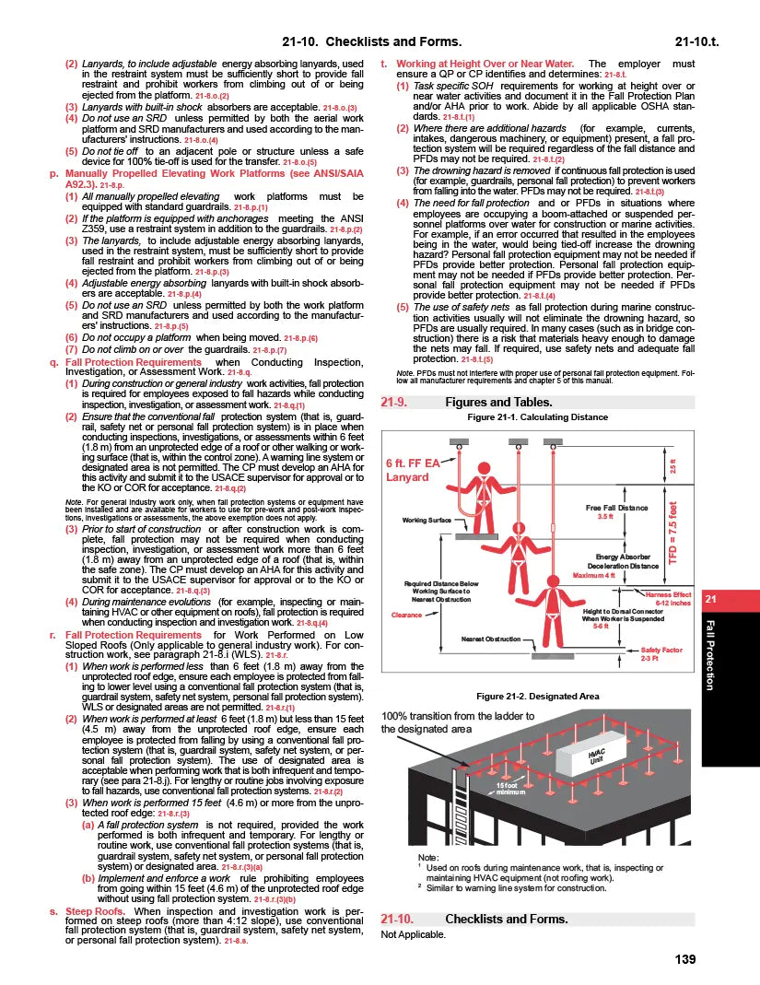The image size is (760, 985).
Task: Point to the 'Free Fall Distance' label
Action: (x=616, y=508)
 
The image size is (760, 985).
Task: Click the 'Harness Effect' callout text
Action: (x=668, y=595)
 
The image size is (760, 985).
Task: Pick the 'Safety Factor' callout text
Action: (x=661, y=650)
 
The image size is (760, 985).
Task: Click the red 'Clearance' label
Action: (x=406, y=615)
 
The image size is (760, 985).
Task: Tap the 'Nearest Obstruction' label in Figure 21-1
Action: (x=491, y=638)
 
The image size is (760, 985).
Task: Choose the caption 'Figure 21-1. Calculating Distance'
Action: (x=538, y=417)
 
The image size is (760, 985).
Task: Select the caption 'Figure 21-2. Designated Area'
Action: (x=537, y=696)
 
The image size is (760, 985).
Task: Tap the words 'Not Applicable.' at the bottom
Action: (x=413, y=934)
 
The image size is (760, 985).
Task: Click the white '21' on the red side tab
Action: (x=709, y=600)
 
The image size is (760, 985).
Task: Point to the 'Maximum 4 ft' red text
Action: (x=594, y=575)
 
